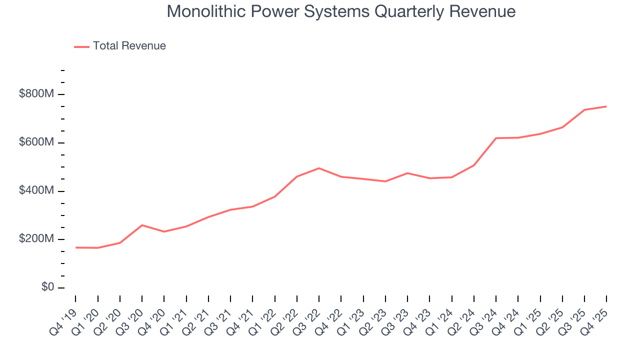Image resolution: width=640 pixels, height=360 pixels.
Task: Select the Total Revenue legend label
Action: tap(129, 46)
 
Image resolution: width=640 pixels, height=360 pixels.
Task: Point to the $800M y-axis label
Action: tap(36, 94)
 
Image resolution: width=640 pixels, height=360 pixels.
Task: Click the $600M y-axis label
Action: tap(36, 142)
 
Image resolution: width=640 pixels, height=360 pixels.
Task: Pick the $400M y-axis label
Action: tap(36, 191)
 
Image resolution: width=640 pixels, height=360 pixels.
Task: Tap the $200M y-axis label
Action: tap(36, 239)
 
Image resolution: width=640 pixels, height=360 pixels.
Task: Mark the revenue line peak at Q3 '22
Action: tap(319, 168)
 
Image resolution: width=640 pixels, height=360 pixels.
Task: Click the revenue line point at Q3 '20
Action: tap(142, 225)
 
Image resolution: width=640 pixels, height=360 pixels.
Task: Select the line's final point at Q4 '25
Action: tap(606, 106)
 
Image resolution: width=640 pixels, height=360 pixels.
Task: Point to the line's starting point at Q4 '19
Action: tap(75, 247)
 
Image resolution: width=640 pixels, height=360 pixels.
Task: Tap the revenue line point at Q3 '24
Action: tap(496, 138)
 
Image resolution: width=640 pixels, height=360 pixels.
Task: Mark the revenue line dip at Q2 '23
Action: tap(385, 181)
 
